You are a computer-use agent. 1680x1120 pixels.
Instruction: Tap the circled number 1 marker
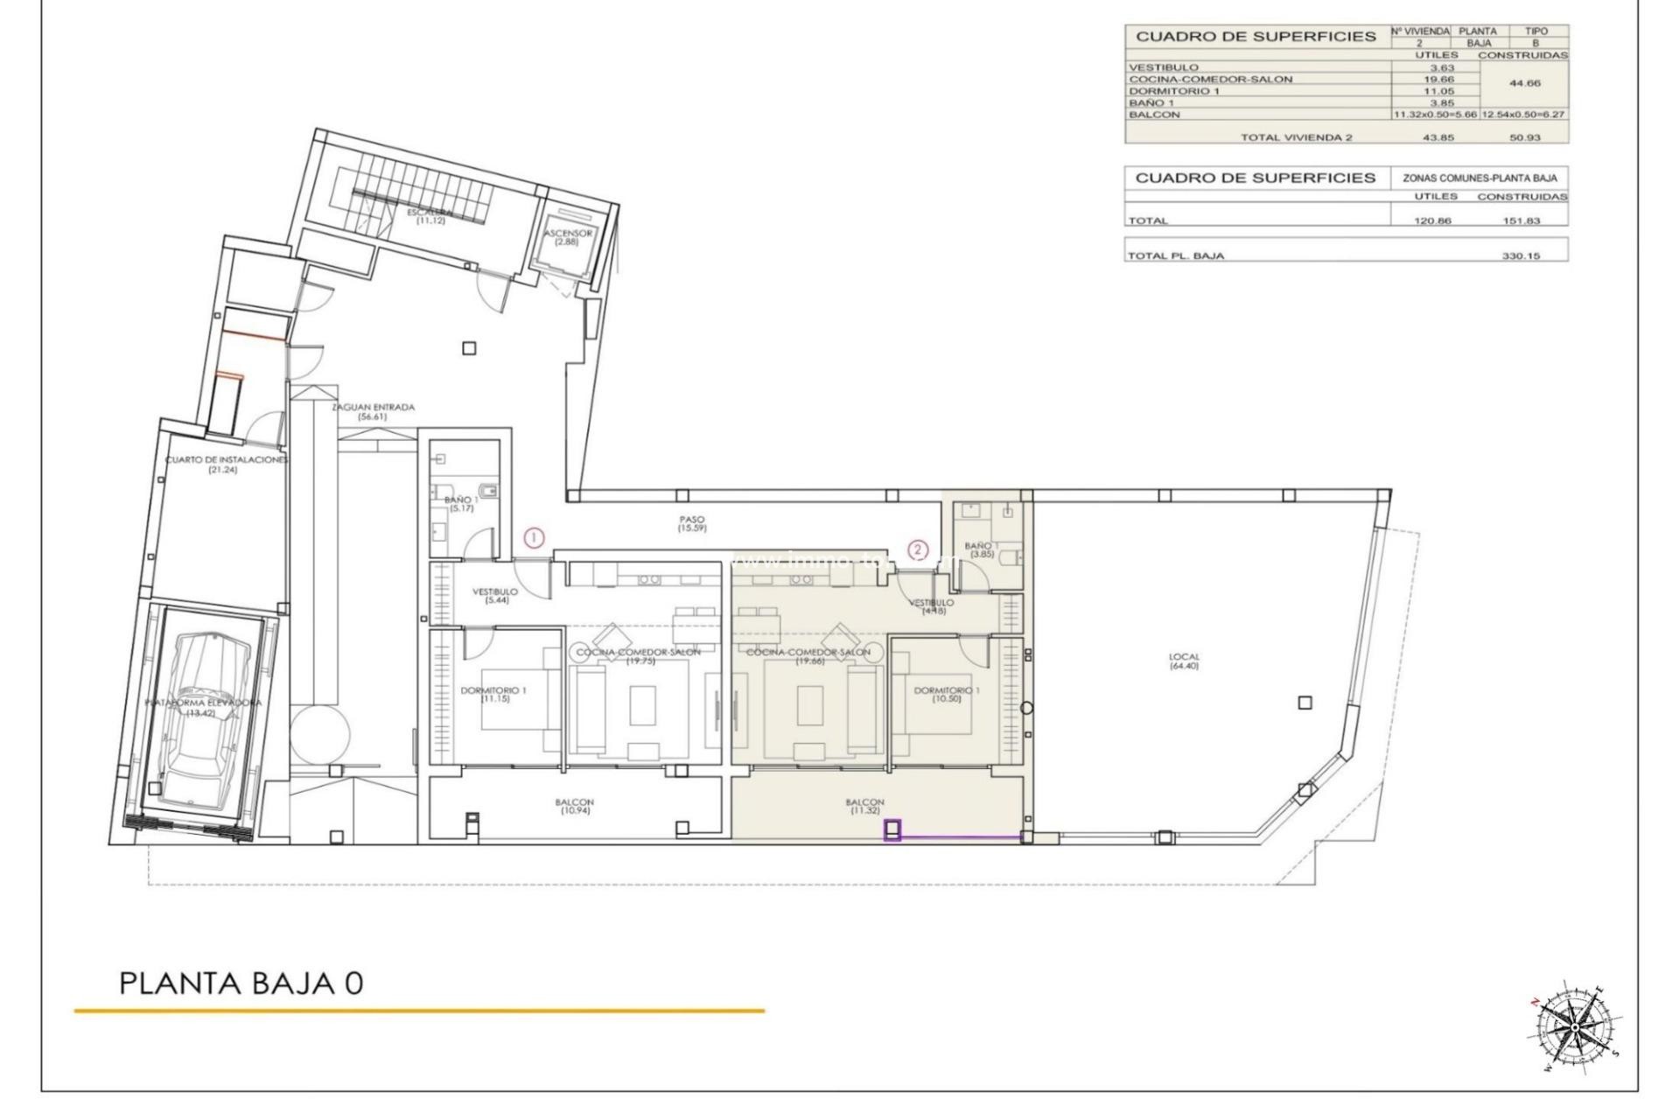point(534,538)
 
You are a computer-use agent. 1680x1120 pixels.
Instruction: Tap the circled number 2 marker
point(917,549)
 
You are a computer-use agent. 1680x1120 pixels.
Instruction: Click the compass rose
point(1573,1026)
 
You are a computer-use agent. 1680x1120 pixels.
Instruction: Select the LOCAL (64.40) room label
point(1184,661)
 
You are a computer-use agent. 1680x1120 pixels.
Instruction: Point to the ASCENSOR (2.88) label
point(567,237)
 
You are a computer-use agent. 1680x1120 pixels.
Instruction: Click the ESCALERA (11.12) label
point(430,216)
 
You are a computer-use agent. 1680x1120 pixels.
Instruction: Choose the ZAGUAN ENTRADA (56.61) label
point(373,411)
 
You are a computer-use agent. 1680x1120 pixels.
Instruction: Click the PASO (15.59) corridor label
point(691,524)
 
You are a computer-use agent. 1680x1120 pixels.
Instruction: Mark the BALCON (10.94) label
point(574,806)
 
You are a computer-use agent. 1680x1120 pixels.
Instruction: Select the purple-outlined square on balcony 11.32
point(892,829)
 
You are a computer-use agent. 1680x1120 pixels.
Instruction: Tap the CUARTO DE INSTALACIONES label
point(226,464)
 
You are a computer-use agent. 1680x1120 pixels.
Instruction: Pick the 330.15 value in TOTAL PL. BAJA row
point(1521,256)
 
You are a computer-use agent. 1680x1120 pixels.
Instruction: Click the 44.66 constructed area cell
point(1522,84)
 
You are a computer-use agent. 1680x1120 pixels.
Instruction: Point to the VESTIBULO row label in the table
point(1163,67)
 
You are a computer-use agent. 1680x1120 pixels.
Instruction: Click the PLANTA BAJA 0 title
point(241,983)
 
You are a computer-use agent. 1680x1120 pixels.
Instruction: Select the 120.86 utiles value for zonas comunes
point(1432,220)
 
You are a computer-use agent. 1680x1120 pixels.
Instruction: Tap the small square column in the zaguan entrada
point(469,348)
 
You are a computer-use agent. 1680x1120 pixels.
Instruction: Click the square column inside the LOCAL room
point(1305,703)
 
